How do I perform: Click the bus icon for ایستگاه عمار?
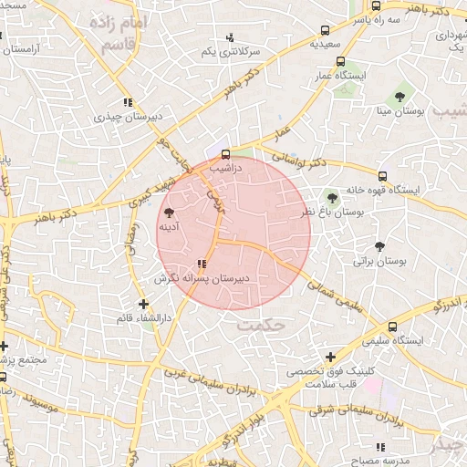340,62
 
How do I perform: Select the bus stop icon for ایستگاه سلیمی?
393,327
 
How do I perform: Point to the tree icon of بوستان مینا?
399,96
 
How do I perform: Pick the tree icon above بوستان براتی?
379,245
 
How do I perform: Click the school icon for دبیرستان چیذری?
128,103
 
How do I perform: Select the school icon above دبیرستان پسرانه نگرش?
189,265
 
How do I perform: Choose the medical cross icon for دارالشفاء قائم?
142,304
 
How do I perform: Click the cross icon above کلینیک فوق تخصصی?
330,358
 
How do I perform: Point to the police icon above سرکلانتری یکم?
230,37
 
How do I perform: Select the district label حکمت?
261,324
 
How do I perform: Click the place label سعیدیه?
325,43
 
